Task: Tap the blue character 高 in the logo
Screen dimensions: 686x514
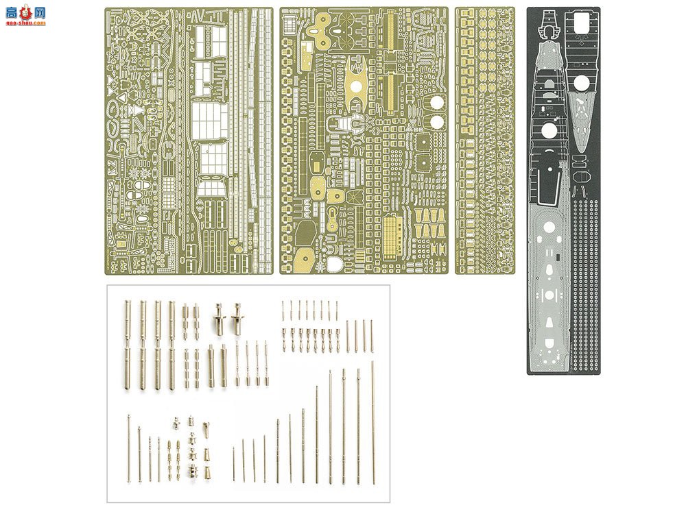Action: (x=10, y=12)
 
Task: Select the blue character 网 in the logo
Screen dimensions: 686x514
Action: (x=39, y=12)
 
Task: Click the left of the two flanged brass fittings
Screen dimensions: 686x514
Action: (x=219, y=319)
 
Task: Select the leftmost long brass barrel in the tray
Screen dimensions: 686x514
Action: (x=128, y=346)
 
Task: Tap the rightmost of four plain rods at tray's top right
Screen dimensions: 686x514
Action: (x=371, y=336)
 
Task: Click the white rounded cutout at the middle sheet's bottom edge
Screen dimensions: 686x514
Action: (x=335, y=265)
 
